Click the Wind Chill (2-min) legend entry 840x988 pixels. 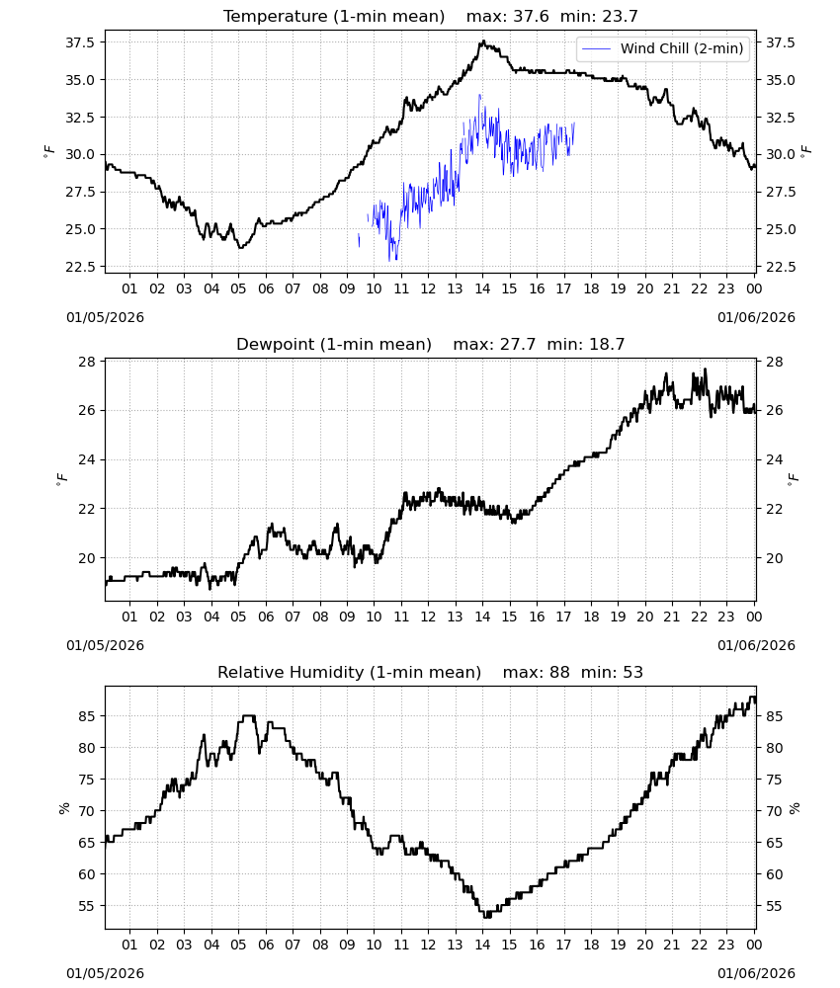pos(663,48)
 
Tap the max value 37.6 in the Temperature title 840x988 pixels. pos(531,16)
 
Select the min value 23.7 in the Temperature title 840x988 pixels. pos(620,16)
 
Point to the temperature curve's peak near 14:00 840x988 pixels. pos(483,41)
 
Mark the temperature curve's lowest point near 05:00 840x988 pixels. pos(240,248)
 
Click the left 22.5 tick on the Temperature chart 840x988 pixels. pos(80,267)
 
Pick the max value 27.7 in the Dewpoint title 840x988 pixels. pos(518,344)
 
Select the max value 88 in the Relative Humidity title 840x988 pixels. pos(559,672)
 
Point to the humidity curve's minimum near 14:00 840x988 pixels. pos(487,916)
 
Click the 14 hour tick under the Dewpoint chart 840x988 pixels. pos(482,617)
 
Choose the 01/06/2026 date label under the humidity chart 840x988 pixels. pos(756,973)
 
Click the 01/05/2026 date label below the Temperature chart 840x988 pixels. pos(105,317)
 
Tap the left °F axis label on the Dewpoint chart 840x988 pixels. pos(60,479)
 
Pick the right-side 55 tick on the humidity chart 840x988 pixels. pos(774,906)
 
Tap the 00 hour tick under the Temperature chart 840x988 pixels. pos(754,288)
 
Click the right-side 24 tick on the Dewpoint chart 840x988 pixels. pos(774,459)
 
